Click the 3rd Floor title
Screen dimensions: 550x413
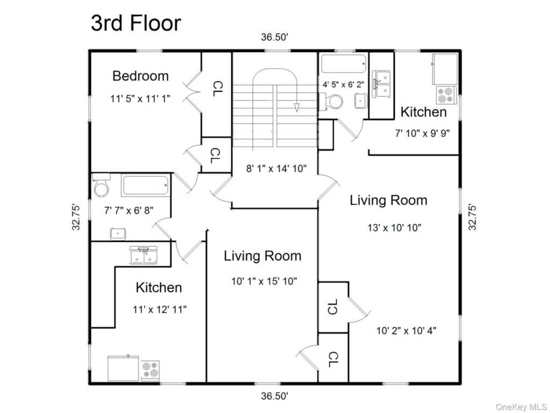[x=136, y=23]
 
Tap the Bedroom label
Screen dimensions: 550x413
[x=140, y=76]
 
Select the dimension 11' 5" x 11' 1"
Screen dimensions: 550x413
[x=140, y=99]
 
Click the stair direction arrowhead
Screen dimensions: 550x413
[x=296, y=108]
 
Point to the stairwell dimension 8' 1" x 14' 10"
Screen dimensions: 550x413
[x=276, y=168]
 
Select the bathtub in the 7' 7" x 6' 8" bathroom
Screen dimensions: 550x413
[x=146, y=185]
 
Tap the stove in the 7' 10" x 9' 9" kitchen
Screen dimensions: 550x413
[x=446, y=95]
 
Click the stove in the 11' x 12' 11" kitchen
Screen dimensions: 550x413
[x=150, y=370]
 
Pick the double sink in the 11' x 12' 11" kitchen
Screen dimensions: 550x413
[x=144, y=255]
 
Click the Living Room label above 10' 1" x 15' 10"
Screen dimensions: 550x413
[x=262, y=255]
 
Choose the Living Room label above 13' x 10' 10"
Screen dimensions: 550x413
[x=388, y=200]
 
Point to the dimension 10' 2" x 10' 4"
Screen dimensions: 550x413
[x=406, y=331]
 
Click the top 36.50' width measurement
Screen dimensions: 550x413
[x=274, y=37]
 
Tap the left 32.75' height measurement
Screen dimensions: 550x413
[x=76, y=217]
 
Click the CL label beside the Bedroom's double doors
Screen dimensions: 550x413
[x=218, y=89]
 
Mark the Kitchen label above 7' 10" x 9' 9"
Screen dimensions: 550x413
[x=423, y=112]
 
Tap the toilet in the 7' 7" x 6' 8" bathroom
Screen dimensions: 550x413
[x=100, y=186]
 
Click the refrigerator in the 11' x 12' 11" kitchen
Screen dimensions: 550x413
[x=123, y=368]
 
